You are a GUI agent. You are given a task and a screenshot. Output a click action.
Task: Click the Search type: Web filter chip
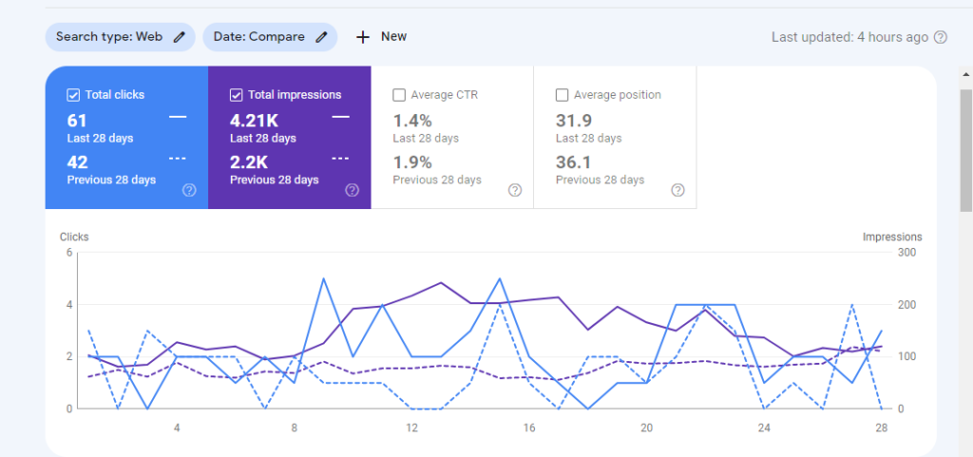click(120, 37)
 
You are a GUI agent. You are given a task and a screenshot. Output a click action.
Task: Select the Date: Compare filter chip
click(270, 37)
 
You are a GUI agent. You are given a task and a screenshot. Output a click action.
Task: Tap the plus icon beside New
click(362, 37)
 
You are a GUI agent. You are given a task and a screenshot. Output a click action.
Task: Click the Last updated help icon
click(941, 38)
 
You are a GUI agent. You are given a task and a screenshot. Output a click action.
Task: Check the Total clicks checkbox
click(73, 95)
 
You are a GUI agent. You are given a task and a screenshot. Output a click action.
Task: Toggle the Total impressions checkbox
click(236, 95)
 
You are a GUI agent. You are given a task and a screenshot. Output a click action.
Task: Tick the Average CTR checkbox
click(399, 95)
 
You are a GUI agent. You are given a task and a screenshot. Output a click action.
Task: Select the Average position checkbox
click(562, 95)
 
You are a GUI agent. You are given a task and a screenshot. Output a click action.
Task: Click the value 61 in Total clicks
click(77, 121)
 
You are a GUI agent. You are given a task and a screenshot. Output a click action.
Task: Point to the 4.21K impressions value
click(254, 121)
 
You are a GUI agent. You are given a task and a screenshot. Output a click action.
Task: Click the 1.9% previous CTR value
click(412, 162)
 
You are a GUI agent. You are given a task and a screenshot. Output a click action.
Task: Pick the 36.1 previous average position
click(574, 162)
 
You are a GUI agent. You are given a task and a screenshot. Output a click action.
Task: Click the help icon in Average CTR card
click(515, 190)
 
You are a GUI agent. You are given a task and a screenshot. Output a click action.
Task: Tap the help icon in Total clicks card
click(189, 190)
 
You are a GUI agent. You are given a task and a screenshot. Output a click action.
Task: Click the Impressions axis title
click(892, 238)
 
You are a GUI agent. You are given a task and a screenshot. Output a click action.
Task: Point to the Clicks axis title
click(74, 238)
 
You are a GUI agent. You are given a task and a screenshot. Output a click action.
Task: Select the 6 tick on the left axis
click(69, 253)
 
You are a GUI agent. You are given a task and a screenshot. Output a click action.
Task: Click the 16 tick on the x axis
click(528, 428)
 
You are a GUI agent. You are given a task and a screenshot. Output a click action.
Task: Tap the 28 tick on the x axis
click(881, 428)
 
